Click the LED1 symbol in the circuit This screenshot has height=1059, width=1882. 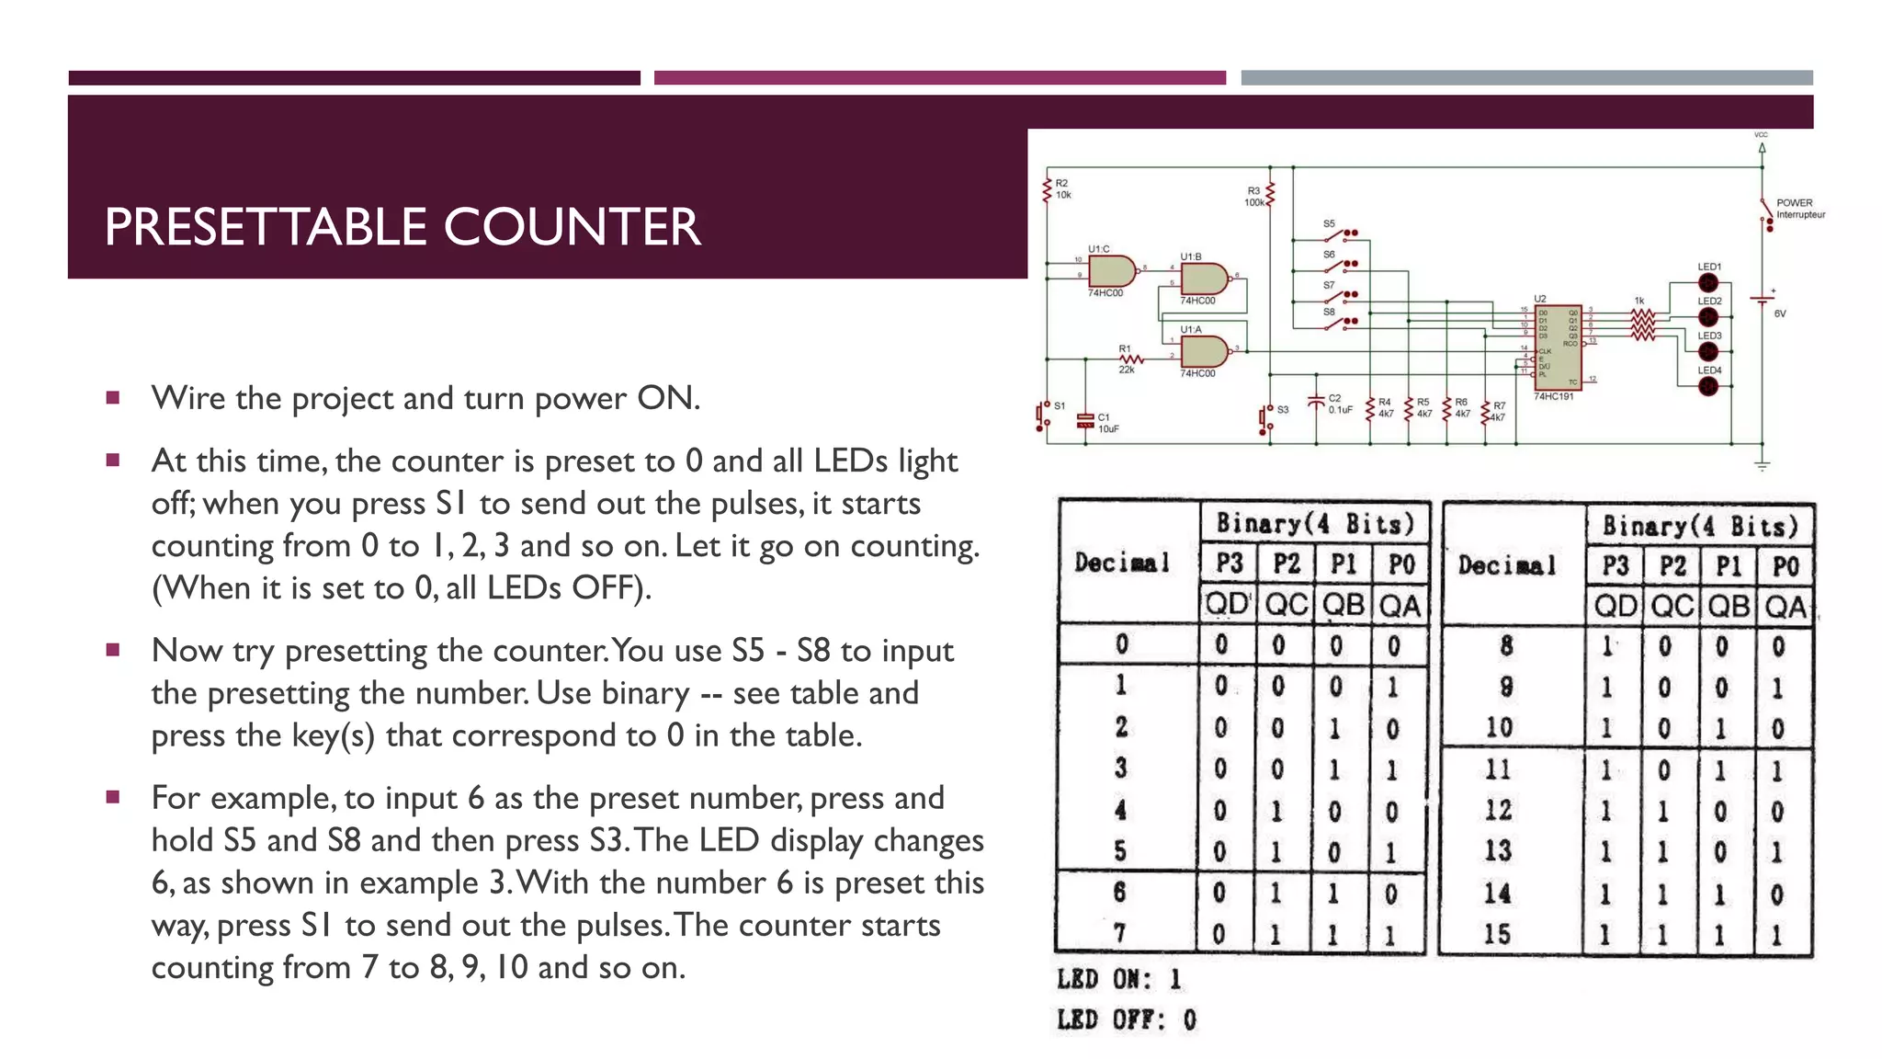coord(1708,283)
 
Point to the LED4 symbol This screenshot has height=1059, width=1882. coord(1708,386)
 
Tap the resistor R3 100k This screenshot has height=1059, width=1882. coord(1271,196)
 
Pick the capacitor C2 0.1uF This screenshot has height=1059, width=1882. coord(1316,403)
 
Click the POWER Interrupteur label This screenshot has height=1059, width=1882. coord(1798,209)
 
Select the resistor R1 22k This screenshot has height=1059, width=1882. coord(1130,359)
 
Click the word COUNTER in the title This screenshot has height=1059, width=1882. coord(572,227)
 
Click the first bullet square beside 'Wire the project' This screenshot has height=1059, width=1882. coord(113,398)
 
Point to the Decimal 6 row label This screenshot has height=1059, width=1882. coord(1119,893)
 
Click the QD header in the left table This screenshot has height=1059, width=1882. coord(1227,605)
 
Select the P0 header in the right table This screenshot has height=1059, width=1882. coord(1785,566)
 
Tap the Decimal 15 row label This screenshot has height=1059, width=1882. coord(1497,935)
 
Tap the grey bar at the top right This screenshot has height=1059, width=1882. coord(1526,78)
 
